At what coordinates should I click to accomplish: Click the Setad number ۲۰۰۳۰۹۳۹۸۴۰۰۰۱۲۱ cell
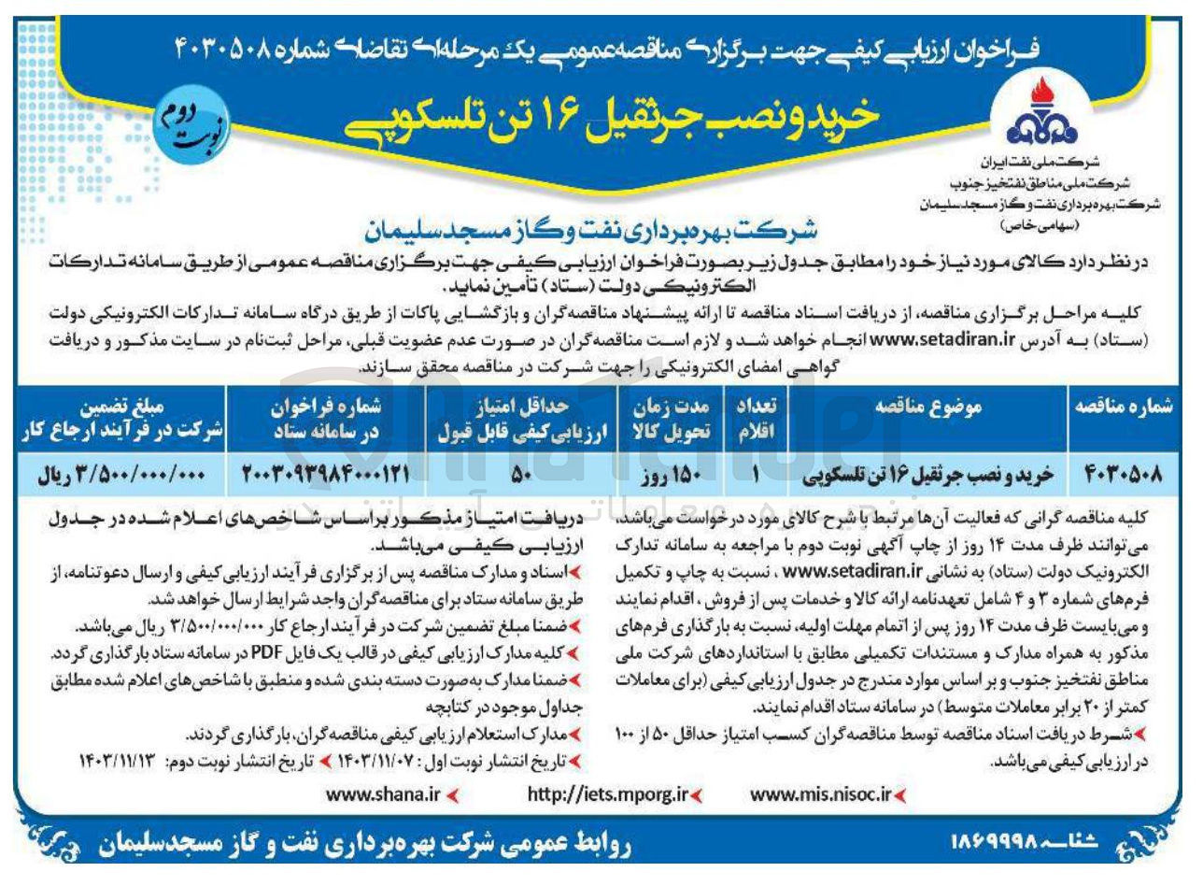click(326, 474)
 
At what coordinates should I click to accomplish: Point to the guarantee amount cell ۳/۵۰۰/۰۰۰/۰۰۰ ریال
click(119, 474)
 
